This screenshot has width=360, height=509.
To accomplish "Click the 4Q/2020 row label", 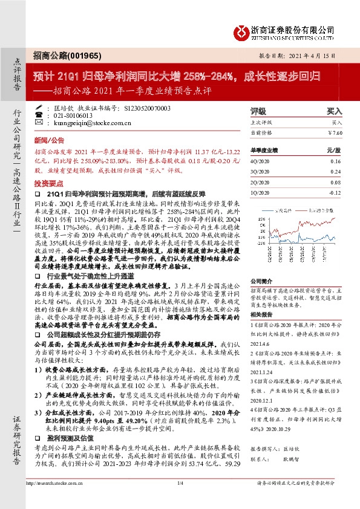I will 260,161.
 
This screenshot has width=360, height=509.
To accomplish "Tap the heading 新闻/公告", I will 46,138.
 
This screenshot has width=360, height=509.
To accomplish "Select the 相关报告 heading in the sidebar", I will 261,314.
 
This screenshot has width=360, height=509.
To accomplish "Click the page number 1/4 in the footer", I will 179,500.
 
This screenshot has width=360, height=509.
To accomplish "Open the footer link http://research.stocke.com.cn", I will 57,500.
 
